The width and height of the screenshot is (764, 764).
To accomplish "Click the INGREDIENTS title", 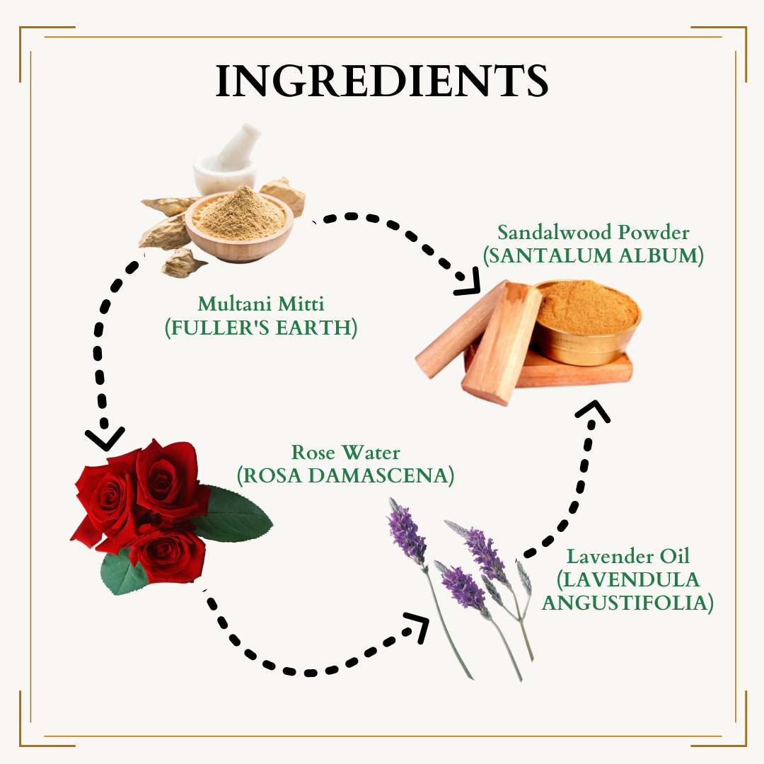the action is tap(382, 81).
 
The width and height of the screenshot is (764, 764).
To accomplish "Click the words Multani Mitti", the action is tap(260, 303).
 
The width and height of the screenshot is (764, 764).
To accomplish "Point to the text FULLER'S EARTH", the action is tap(260, 328).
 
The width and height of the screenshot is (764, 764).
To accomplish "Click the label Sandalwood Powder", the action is tap(593, 232).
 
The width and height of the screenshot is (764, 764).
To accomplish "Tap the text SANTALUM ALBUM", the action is tap(594, 256).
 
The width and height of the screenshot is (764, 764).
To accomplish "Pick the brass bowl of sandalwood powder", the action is tap(586, 322).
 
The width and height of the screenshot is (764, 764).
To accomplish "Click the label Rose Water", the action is tap(345, 452).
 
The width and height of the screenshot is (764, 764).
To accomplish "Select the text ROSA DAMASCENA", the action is tap(345, 475).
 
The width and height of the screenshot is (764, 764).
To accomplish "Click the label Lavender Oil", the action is tap(628, 557).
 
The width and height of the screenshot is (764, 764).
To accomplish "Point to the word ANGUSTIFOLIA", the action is tap(627, 603).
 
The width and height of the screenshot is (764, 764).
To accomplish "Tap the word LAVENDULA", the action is tap(629, 580).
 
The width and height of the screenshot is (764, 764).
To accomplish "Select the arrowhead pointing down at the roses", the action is tap(105, 439).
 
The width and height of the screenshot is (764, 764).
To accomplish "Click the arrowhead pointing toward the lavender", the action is tap(418, 626).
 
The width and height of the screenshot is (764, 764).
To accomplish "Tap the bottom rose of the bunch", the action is tap(168, 555).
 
